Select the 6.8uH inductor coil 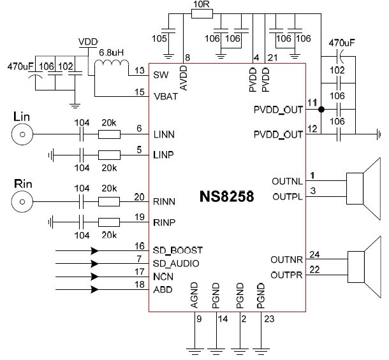click(110, 67)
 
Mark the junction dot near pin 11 click(321, 109)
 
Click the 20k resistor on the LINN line click(109, 134)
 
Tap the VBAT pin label click(165, 97)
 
